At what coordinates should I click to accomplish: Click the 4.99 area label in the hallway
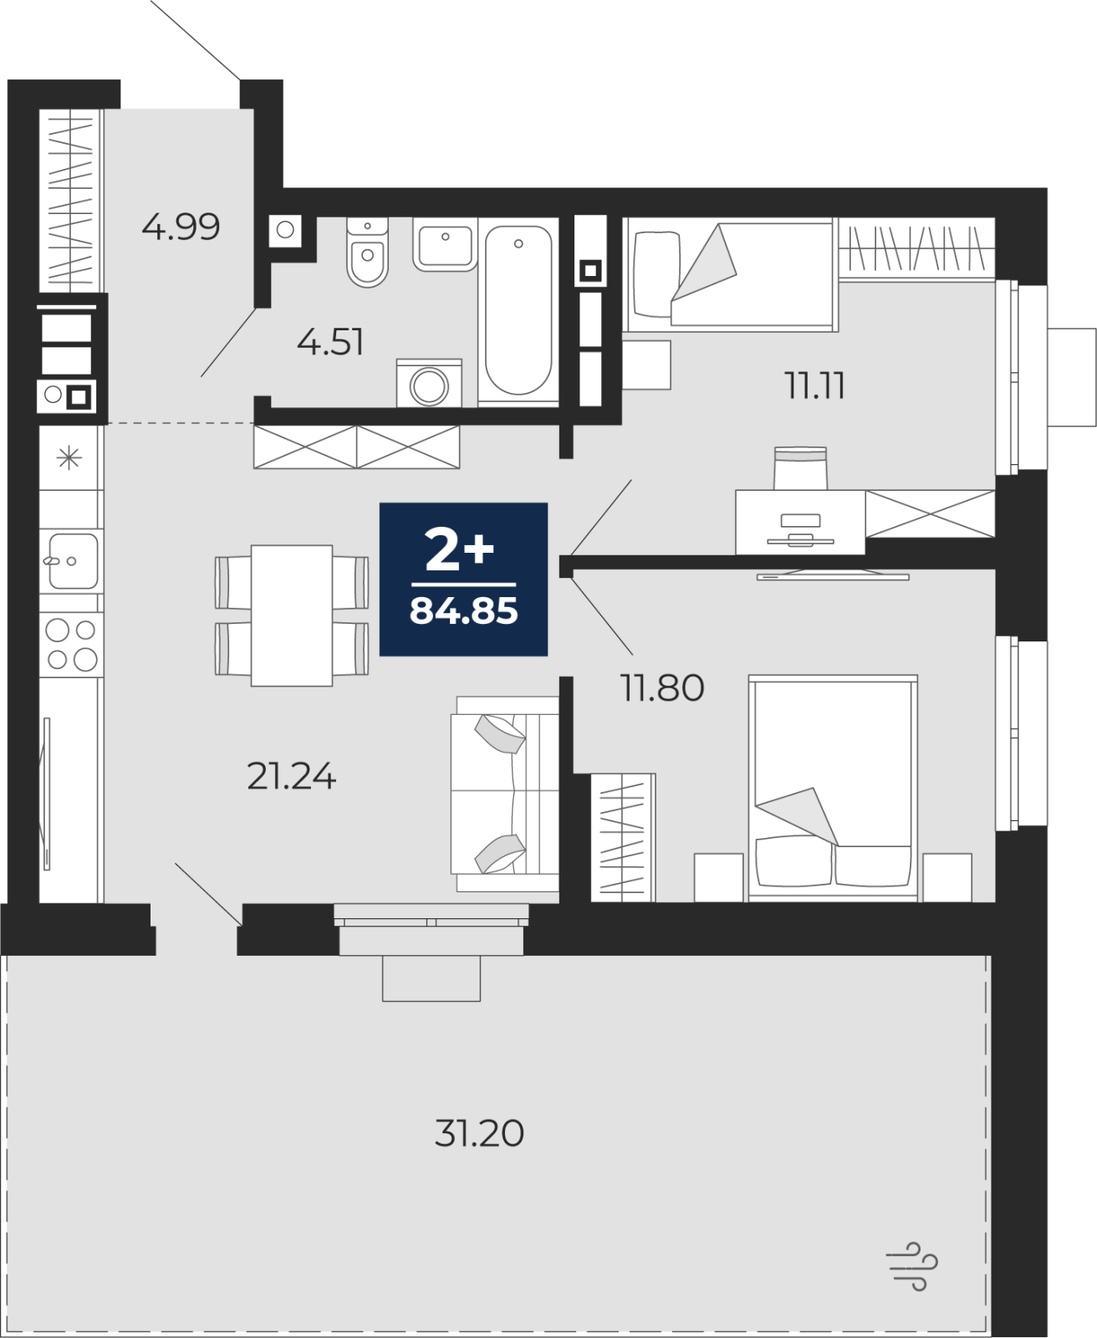(181, 227)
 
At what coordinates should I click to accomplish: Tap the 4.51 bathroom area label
(330, 343)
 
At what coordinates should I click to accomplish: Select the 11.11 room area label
(814, 386)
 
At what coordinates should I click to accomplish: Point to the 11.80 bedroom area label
(662, 687)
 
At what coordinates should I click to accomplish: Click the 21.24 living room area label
(291, 776)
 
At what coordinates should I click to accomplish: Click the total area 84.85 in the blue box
(464, 611)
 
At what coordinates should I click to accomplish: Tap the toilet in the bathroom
(367, 252)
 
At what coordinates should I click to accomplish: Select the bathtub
(518, 311)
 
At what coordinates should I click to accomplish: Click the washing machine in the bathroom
(429, 383)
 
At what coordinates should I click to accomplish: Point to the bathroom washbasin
(445, 244)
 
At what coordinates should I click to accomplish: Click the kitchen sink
(72, 561)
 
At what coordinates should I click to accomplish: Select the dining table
(292, 615)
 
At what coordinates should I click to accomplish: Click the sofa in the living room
(505, 794)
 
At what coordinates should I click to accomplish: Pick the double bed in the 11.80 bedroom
(833, 788)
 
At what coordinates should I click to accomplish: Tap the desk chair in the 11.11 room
(800, 467)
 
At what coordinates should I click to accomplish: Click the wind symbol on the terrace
(911, 1267)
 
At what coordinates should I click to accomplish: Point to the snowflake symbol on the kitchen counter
(69, 457)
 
